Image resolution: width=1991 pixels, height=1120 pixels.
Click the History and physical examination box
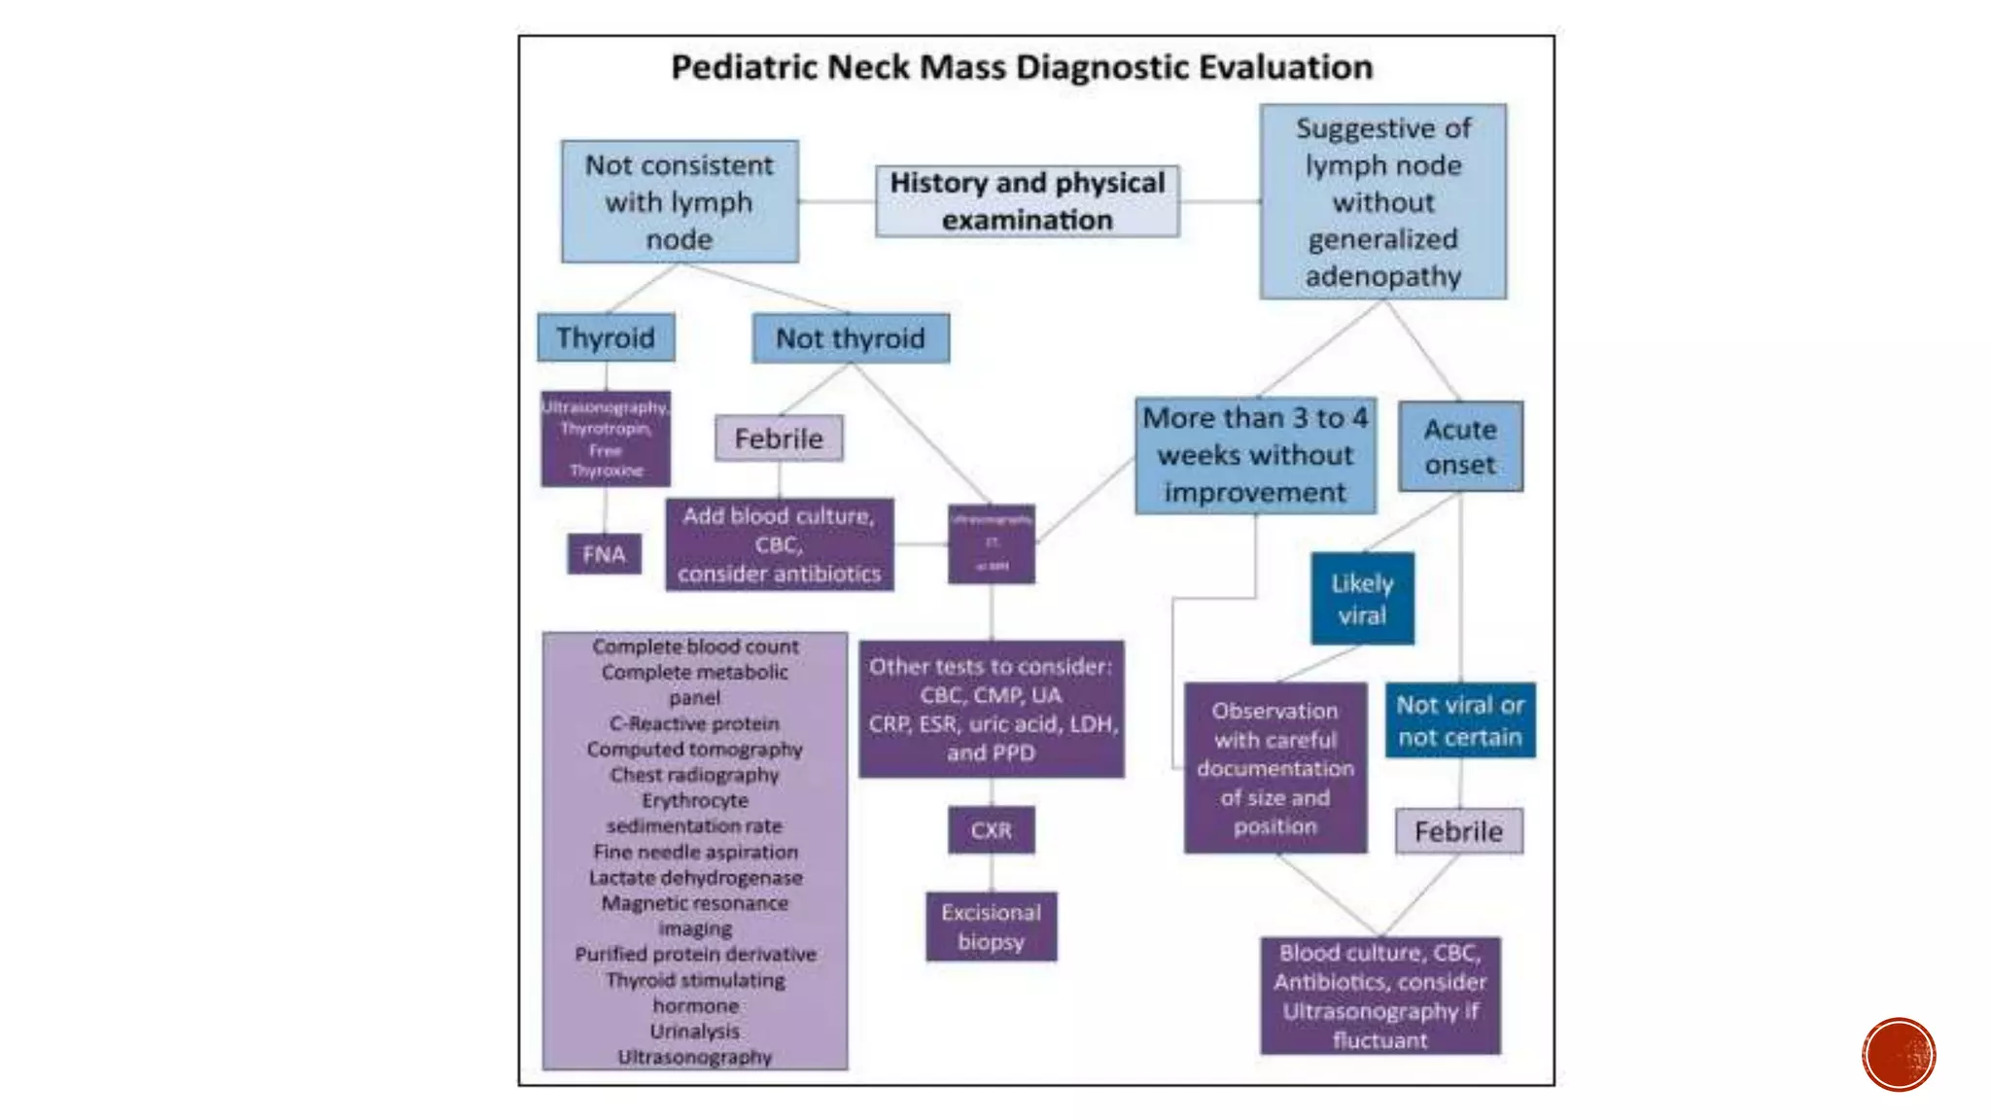1027,201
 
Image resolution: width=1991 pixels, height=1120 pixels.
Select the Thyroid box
606,337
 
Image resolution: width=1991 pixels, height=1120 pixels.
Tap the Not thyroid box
851,338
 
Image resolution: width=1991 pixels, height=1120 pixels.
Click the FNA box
604,554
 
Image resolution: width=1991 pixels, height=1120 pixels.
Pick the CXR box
991,830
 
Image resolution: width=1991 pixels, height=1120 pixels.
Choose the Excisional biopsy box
991,927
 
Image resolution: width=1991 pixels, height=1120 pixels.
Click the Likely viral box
1362,599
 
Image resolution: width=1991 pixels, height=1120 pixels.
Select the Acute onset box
1460,446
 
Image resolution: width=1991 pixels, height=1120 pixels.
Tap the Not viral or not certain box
1460,720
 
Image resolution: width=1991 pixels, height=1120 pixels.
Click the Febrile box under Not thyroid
779,438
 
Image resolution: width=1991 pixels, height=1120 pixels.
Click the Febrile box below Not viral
1458,831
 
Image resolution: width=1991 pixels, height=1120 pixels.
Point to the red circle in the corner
1899,1054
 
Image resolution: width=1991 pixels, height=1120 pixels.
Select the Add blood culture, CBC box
779,544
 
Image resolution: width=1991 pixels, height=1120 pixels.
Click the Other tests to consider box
991,709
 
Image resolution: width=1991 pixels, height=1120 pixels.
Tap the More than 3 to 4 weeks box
1255,455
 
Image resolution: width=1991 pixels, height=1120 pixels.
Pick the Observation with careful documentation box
1275,768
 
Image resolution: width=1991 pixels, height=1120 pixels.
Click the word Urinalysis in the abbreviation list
695,1031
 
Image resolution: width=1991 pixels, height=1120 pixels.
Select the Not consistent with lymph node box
680,202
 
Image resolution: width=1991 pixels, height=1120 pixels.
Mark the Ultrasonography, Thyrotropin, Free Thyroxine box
605,438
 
